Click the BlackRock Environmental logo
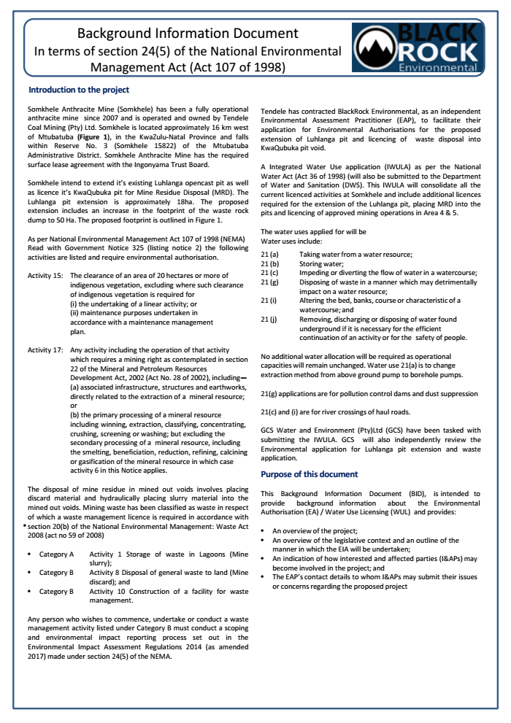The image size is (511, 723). point(415,49)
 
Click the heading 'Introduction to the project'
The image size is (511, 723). point(78,90)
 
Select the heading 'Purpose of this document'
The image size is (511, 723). point(309,474)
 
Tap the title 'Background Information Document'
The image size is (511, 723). point(188,34)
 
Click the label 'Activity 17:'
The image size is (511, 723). point(45,349)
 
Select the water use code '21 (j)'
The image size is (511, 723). point(269,319)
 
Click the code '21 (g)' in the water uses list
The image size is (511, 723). point(269,282)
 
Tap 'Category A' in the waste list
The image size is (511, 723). point(56,555)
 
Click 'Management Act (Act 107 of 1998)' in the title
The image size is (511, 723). point(188,67)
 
